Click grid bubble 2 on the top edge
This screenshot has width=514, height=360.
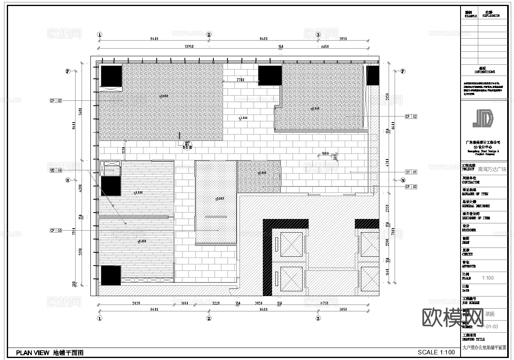coord(209,35)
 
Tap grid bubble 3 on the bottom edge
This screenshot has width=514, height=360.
coord(318,319)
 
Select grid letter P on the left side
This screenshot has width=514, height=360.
coord(68,71)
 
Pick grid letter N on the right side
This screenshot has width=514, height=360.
coord(403,180)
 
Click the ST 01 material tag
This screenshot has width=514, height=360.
coord(411,172)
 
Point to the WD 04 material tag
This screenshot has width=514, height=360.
coord(56,170)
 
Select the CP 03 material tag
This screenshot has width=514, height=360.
coord(56,230)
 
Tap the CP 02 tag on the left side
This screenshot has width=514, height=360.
coord(56,100)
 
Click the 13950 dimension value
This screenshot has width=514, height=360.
coord(189,47)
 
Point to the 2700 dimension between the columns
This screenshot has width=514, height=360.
coord(240,80)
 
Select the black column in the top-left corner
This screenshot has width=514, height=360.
coord(111,76)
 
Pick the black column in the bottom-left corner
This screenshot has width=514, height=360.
coord(111,275)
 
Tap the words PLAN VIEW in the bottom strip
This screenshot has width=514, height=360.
coord(33,353)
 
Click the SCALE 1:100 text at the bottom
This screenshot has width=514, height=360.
coord(436,352)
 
